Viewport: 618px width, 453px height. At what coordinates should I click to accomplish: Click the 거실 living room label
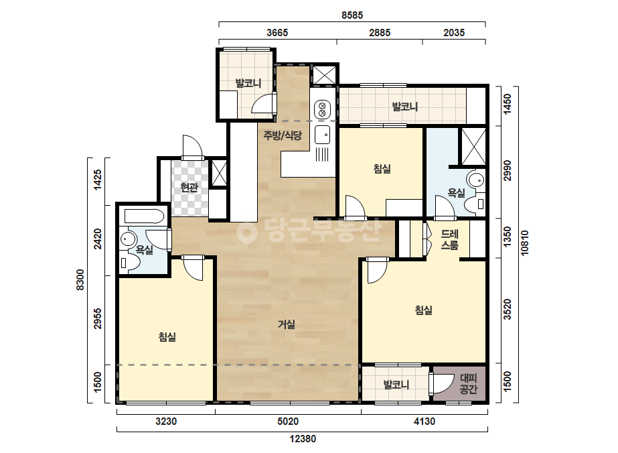[287, 324]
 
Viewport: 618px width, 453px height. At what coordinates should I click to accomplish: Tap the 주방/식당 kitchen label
[283, 136]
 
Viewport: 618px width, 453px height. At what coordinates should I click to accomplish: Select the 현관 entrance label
[189, 187]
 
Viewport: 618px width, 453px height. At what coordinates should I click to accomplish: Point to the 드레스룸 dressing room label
[450, 239]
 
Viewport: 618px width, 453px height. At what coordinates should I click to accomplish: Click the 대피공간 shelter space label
[468, 384]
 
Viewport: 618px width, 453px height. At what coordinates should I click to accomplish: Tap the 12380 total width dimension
[303, 439]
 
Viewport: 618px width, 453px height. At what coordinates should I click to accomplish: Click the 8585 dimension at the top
[352, 15]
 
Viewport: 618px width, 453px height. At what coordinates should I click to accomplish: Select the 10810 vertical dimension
[524, 243]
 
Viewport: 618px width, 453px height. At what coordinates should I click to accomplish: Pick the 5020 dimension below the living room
[288, 422]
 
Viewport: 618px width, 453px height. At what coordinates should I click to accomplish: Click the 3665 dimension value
[277, 33]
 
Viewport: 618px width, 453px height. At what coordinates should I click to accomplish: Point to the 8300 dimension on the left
[80, 279]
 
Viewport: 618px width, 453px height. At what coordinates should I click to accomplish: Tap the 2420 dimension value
[97, 239]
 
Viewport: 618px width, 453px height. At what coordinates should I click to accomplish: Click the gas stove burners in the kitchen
[322, 109]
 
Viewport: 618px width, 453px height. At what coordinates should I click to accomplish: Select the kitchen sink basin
[322, 135]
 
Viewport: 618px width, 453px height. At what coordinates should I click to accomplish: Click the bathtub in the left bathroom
[144, 216]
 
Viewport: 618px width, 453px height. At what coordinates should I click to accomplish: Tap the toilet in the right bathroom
[474, 204]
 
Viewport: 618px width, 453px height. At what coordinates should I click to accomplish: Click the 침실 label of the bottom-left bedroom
[167, 337]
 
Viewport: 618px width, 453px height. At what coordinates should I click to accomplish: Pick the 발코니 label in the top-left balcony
[248, 83]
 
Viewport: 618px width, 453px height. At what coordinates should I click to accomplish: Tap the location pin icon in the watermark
[246, 233]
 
